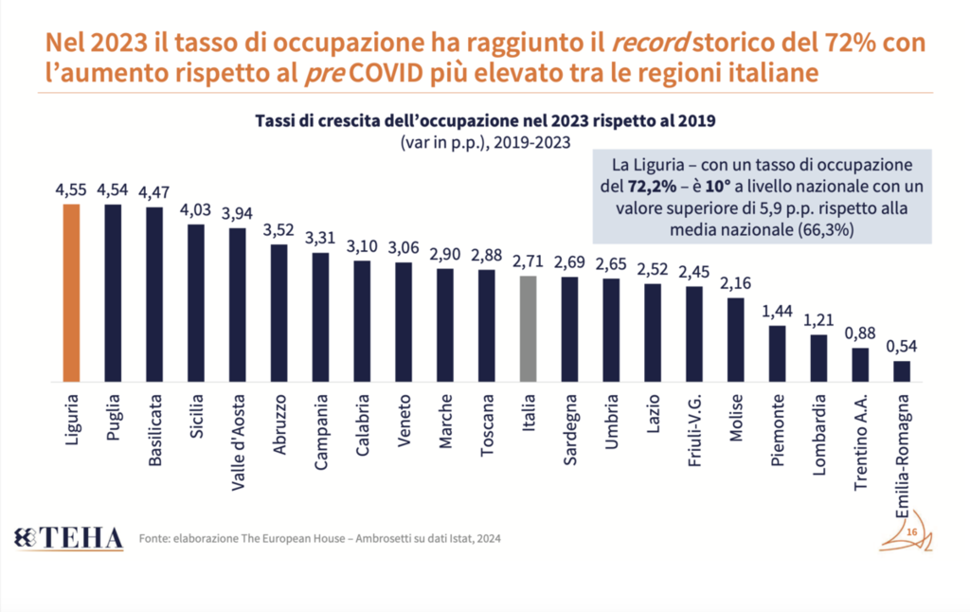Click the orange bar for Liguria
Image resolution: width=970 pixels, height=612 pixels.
click(71, 293)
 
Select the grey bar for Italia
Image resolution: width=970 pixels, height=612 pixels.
click(529, 329)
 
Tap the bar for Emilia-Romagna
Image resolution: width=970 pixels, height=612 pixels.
click(903, 371)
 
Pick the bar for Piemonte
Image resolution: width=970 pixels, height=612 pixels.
click(778, 353)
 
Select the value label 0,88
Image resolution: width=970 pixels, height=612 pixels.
click(861, 335)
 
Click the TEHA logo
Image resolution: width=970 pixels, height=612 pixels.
click(69, 538)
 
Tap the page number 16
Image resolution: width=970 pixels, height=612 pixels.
click(911, 534)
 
